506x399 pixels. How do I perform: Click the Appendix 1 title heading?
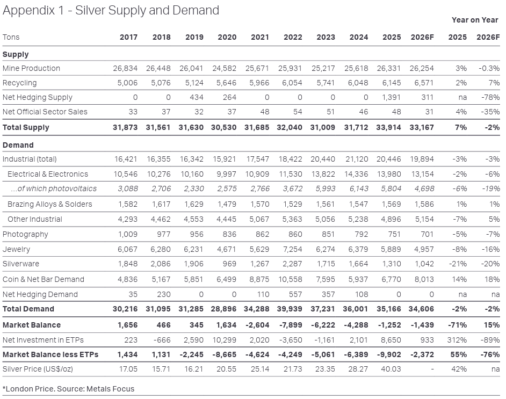coord(111,10)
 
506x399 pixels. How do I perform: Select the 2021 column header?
coord(260,37)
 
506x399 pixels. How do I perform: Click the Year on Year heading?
coord(475,20)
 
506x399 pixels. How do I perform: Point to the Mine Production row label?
coord(31,68)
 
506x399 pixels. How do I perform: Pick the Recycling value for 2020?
coord(227,83)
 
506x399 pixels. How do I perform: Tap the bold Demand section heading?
coord(18,145)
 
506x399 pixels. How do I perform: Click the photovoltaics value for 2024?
coord(359,188)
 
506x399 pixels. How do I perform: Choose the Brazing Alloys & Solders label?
coord(49,204)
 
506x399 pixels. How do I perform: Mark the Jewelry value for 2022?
coord(292,249)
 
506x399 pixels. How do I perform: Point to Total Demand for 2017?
coord(125,309)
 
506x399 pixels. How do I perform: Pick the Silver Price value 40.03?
coord(392,369)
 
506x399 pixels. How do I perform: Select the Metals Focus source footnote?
coord(68,389)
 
